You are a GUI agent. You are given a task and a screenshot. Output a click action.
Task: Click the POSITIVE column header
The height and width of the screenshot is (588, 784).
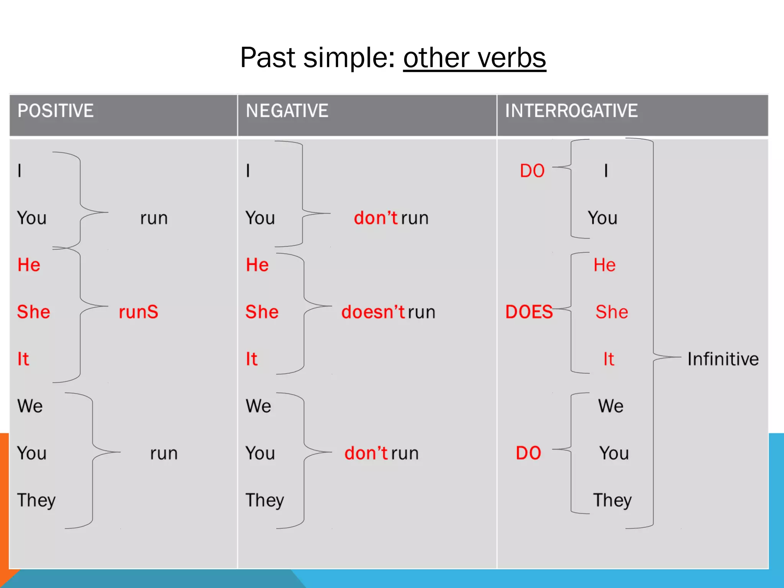coord(56,111)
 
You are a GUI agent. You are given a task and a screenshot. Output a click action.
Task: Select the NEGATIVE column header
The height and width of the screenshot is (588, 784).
coord(287,111)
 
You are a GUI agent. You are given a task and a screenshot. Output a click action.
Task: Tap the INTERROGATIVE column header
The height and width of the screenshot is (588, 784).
coord(571,111)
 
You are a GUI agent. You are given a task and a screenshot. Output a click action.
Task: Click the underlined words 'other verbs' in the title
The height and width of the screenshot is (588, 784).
coord(474,58)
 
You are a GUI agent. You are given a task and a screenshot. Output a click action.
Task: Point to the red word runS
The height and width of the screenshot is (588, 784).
coord(138,312)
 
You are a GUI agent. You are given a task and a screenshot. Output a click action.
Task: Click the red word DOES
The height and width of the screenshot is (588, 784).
coord(529,312)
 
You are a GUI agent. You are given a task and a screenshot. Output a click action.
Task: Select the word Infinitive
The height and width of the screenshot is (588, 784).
coord(723,359)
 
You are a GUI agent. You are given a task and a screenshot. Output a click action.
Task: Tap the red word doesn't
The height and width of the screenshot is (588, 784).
coord(373,312)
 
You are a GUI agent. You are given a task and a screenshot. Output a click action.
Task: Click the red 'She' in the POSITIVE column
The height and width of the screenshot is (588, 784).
coord(34,312)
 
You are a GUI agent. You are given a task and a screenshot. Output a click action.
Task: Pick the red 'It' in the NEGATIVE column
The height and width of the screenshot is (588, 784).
coord(252,359)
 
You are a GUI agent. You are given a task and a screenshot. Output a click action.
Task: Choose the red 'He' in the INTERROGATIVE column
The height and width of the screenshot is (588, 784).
coord(604,265)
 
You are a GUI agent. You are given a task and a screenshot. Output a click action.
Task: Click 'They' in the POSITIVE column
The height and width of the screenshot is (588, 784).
coord(36,500)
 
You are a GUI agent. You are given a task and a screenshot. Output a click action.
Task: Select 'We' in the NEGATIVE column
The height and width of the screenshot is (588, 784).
coord(258,406)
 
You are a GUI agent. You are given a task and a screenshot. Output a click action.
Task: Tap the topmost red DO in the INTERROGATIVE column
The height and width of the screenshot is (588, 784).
coord(532,171)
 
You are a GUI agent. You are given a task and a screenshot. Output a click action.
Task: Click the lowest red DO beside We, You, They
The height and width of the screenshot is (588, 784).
coord(528,453)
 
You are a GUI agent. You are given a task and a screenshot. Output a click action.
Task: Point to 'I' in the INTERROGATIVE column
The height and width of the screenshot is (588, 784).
coord(606,171)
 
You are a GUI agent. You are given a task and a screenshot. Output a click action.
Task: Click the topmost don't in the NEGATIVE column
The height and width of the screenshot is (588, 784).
coord(376,218)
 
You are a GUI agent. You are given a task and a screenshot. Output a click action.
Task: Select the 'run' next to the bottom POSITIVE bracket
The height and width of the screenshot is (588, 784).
coord(164,454)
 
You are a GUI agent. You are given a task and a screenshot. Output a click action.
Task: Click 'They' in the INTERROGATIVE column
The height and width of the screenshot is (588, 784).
coord(612,500)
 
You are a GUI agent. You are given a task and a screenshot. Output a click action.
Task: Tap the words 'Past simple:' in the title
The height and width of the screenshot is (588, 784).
coord(317,58)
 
